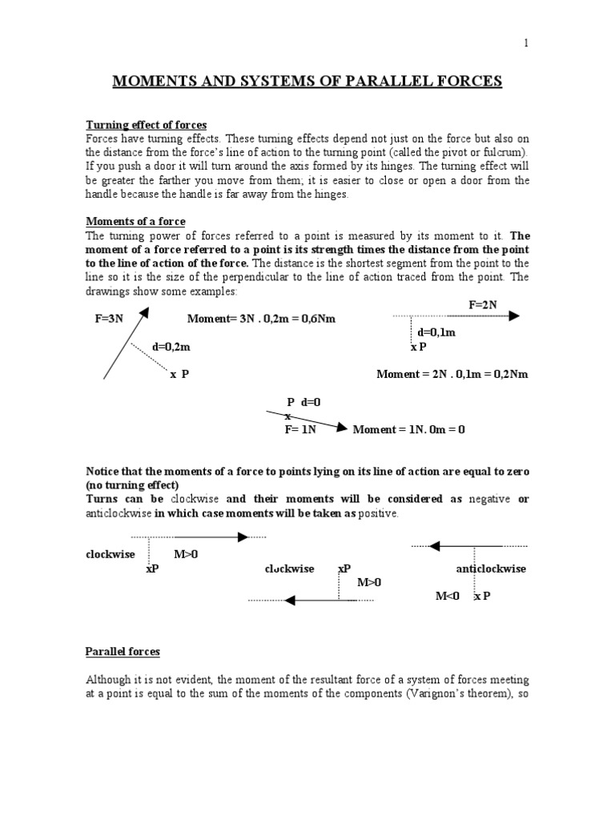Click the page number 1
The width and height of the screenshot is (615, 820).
(526, 43)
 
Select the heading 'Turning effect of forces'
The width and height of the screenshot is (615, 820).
(147, 125)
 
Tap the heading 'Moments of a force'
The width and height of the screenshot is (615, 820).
(135, 221)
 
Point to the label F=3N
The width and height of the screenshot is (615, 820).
(108, 319)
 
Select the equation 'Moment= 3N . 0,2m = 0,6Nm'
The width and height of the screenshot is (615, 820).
(261, 319)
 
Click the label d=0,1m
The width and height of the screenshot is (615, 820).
(436, 332)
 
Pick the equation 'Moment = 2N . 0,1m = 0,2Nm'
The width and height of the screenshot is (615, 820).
(452, 374)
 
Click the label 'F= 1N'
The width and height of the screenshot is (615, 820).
(302, 429)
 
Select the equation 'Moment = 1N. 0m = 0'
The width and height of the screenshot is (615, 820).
(408, 429)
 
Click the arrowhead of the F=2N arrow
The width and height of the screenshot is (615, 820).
(513, 316)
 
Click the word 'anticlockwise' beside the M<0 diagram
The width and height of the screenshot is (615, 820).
(491, 569)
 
